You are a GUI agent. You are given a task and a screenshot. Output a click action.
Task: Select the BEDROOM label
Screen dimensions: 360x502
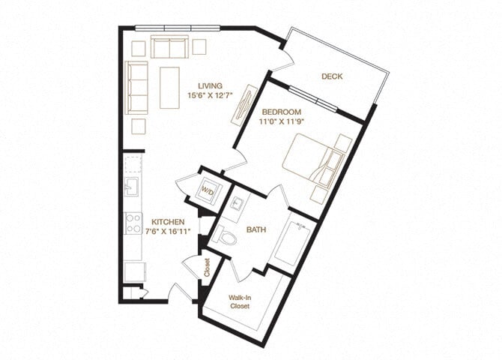tap(281, 112)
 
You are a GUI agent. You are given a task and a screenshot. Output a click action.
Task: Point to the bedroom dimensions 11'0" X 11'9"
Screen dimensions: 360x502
tap(281, 121)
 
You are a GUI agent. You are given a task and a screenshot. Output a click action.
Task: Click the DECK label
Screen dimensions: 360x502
tap(332, 76)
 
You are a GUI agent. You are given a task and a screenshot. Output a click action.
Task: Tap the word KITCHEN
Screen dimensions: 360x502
tap(168, 223)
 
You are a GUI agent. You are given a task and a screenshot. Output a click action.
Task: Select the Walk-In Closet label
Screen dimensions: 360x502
tap(241, 301)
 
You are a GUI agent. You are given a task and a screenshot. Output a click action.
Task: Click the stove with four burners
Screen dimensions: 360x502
tap(133, 223)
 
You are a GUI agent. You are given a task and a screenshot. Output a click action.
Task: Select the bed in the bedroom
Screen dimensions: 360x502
tap(311, 159)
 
